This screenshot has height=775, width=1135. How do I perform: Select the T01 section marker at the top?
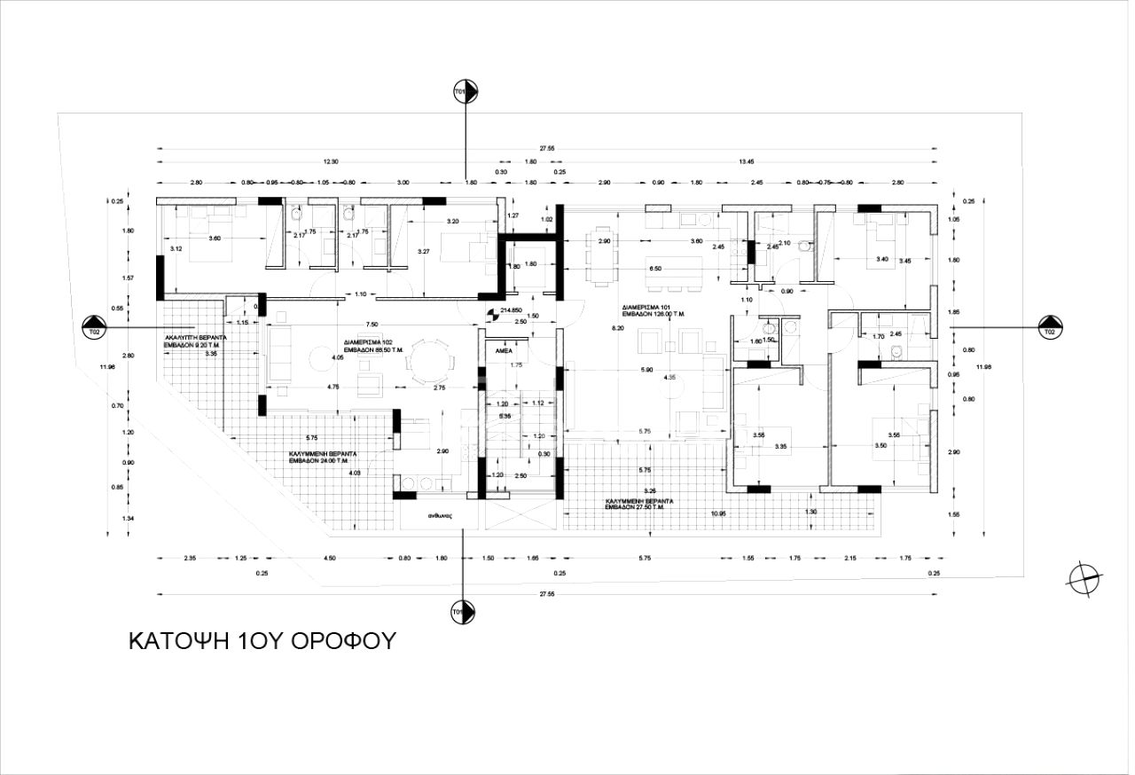pos(465,91)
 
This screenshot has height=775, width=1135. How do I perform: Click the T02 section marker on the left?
pos(93,327)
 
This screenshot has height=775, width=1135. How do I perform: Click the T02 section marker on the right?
pos(1050,327)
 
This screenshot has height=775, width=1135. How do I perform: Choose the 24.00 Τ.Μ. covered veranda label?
pos(328,457)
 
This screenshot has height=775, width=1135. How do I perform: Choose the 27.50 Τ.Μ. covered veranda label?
pos(638,505)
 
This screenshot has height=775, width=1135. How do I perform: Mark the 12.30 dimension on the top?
pos(331,162)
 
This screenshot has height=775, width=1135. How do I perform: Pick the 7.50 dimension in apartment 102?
pos(372,325)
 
